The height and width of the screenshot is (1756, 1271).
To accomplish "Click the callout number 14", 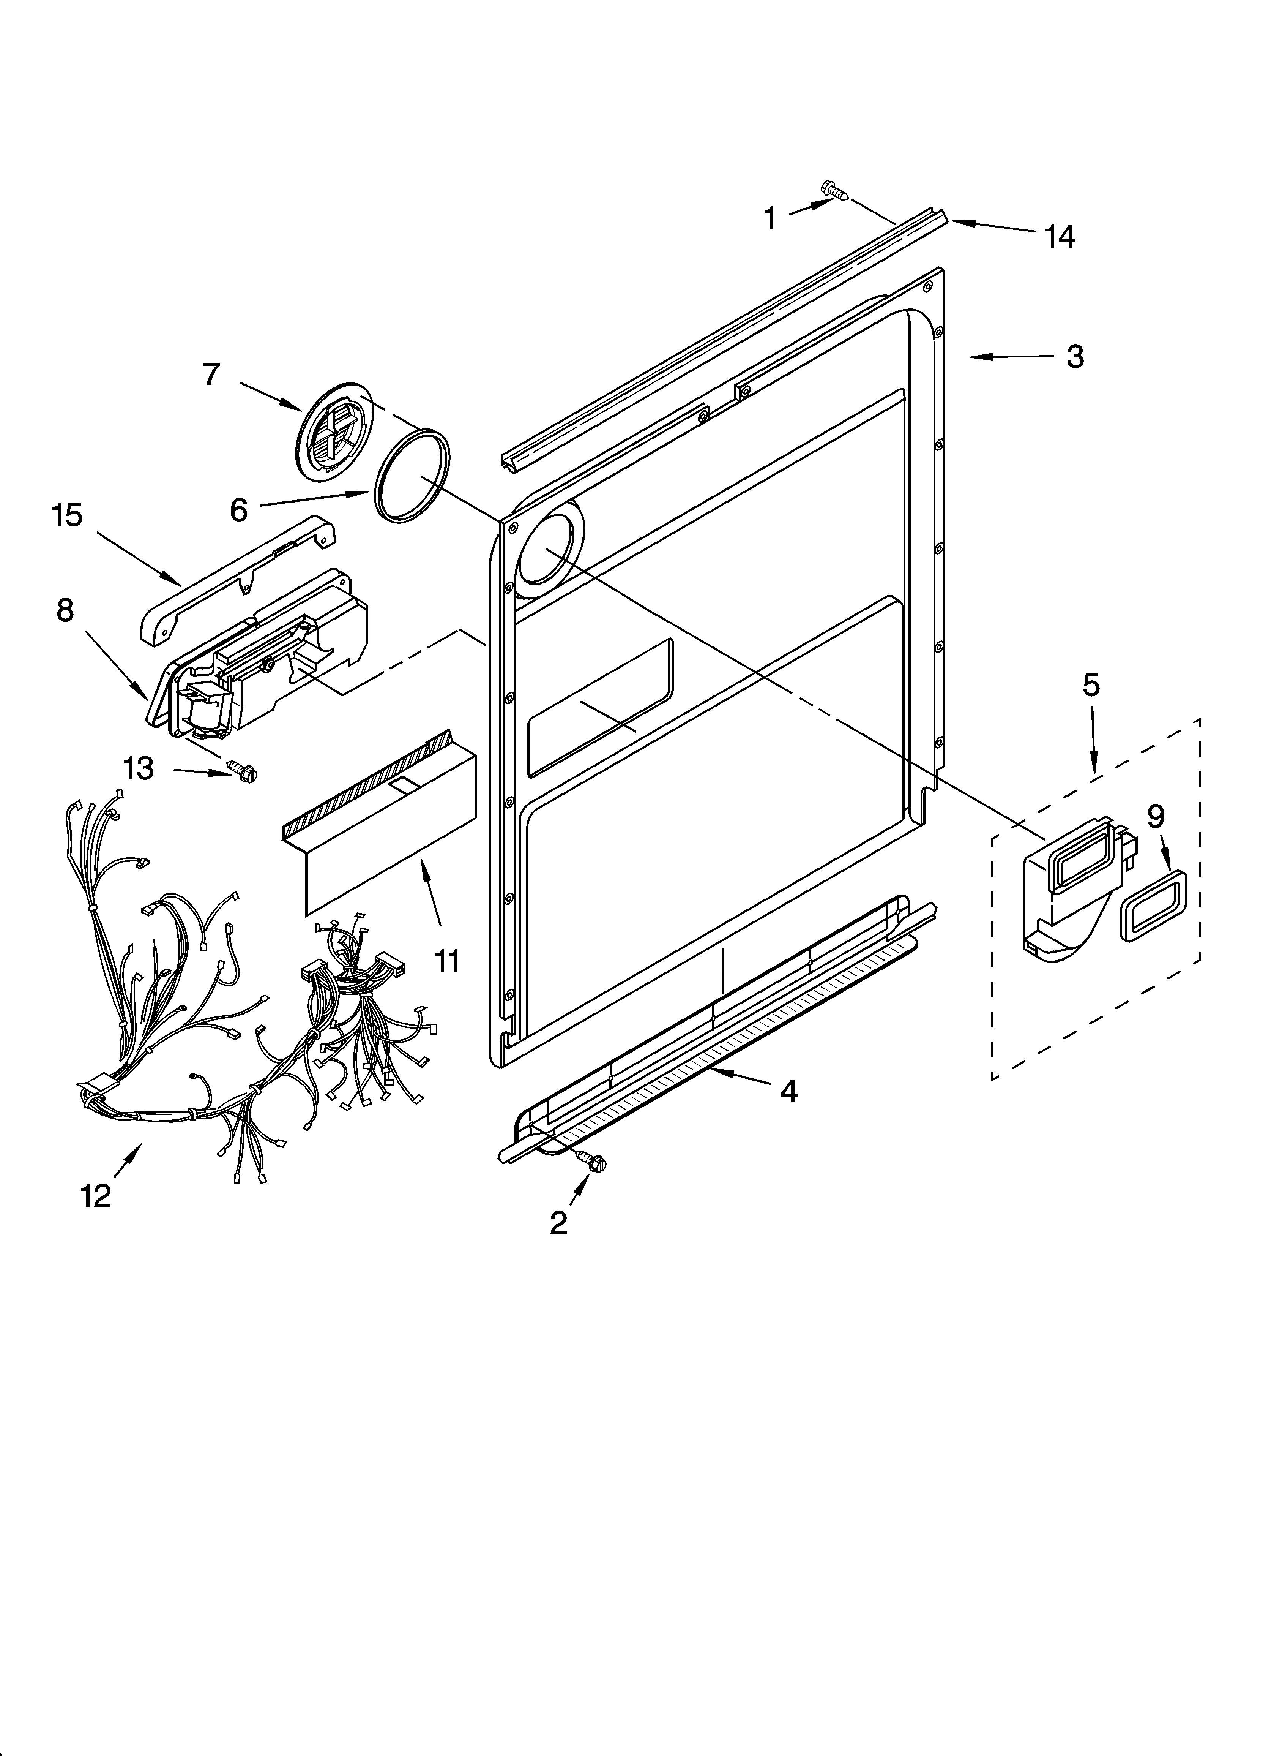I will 1060,237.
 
